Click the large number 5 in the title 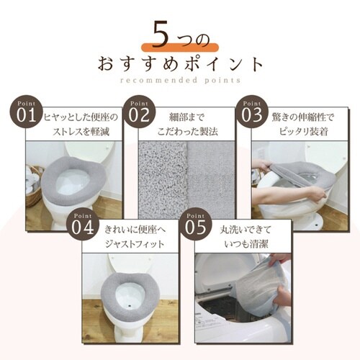tap(159, 35)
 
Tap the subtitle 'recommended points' tap(179, 81)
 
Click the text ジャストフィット tap(137, 244)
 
